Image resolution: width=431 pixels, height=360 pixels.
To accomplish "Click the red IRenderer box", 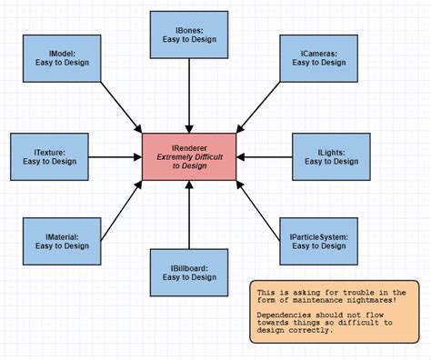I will click(189, 156).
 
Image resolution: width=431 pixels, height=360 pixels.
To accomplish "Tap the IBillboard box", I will click(187, 274).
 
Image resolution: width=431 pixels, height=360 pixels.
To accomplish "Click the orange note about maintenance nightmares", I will click(335, 310).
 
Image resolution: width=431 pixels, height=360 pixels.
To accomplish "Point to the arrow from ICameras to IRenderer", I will click(256, 105).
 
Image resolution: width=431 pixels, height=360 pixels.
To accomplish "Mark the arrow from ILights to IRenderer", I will click(264, 156).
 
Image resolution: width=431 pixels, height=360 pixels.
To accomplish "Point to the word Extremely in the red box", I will click(170, 156).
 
